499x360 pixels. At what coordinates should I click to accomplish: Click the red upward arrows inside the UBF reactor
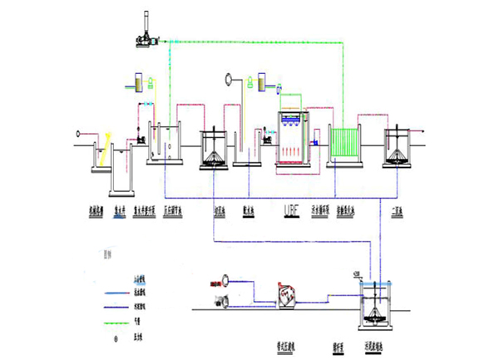(291, 150)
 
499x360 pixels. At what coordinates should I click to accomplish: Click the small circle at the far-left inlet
(79, 131)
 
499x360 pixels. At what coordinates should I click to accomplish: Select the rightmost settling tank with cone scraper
(400, 146)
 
